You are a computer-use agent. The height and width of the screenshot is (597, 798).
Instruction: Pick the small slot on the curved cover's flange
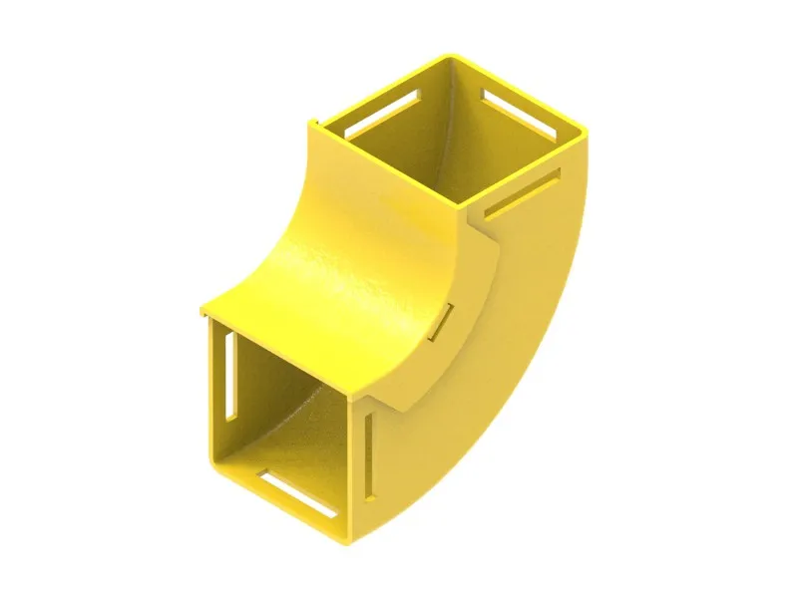pyautogui.click(x=443, y=321)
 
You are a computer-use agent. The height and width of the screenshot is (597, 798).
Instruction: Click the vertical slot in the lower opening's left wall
pyautogui.click(x=230, y=374)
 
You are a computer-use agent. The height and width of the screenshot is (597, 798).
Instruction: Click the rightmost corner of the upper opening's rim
pyautogui.click(x=587, y=137)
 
